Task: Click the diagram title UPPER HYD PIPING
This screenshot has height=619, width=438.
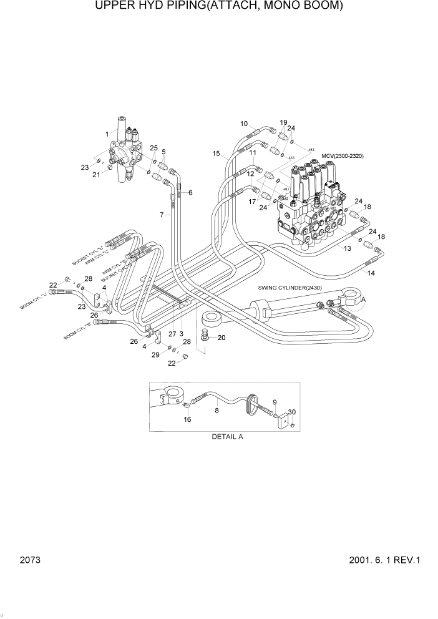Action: [x=218, y=7]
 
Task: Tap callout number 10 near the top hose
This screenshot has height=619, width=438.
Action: [x=244, y=124]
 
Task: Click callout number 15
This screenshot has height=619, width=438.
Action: [x=216, y=154]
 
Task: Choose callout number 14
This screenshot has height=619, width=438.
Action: [x=371, y=273]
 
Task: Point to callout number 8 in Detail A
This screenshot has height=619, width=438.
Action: [x=217, y=410]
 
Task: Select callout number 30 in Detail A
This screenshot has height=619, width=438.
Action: [x=292, y=412]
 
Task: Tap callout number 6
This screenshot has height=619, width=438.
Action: [x=190, y=192]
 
